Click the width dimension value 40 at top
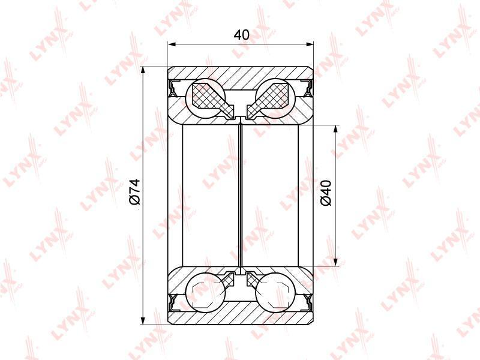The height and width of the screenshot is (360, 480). pos(242,35)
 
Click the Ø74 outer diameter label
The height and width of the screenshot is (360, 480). pos(135,191)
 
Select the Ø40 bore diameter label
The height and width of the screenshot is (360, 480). pos(326,193)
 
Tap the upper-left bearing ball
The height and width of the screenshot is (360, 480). pos(205,98)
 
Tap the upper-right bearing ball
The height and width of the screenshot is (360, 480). pos(275,98)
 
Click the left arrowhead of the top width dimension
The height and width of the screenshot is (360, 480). pos(172,44)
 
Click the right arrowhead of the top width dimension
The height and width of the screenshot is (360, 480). pos(309,44)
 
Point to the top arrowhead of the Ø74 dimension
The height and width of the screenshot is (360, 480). pos(143,71)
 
